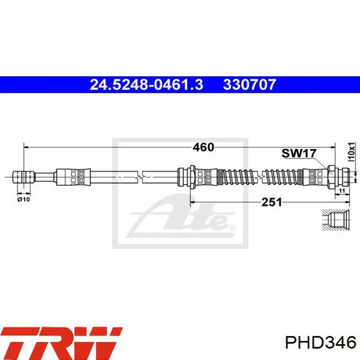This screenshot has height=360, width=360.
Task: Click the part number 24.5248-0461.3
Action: (147, 85)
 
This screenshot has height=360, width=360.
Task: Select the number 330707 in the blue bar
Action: (249, 85)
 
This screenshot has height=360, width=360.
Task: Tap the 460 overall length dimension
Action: (203, 147)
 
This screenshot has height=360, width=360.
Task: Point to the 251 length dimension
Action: (272, 202)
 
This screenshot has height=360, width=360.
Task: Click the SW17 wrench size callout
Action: (299, 153)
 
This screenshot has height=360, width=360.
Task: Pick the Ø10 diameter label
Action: (24, 200)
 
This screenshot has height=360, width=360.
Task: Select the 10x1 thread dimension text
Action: (351, 152)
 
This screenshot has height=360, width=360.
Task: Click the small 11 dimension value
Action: (342, 191)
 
